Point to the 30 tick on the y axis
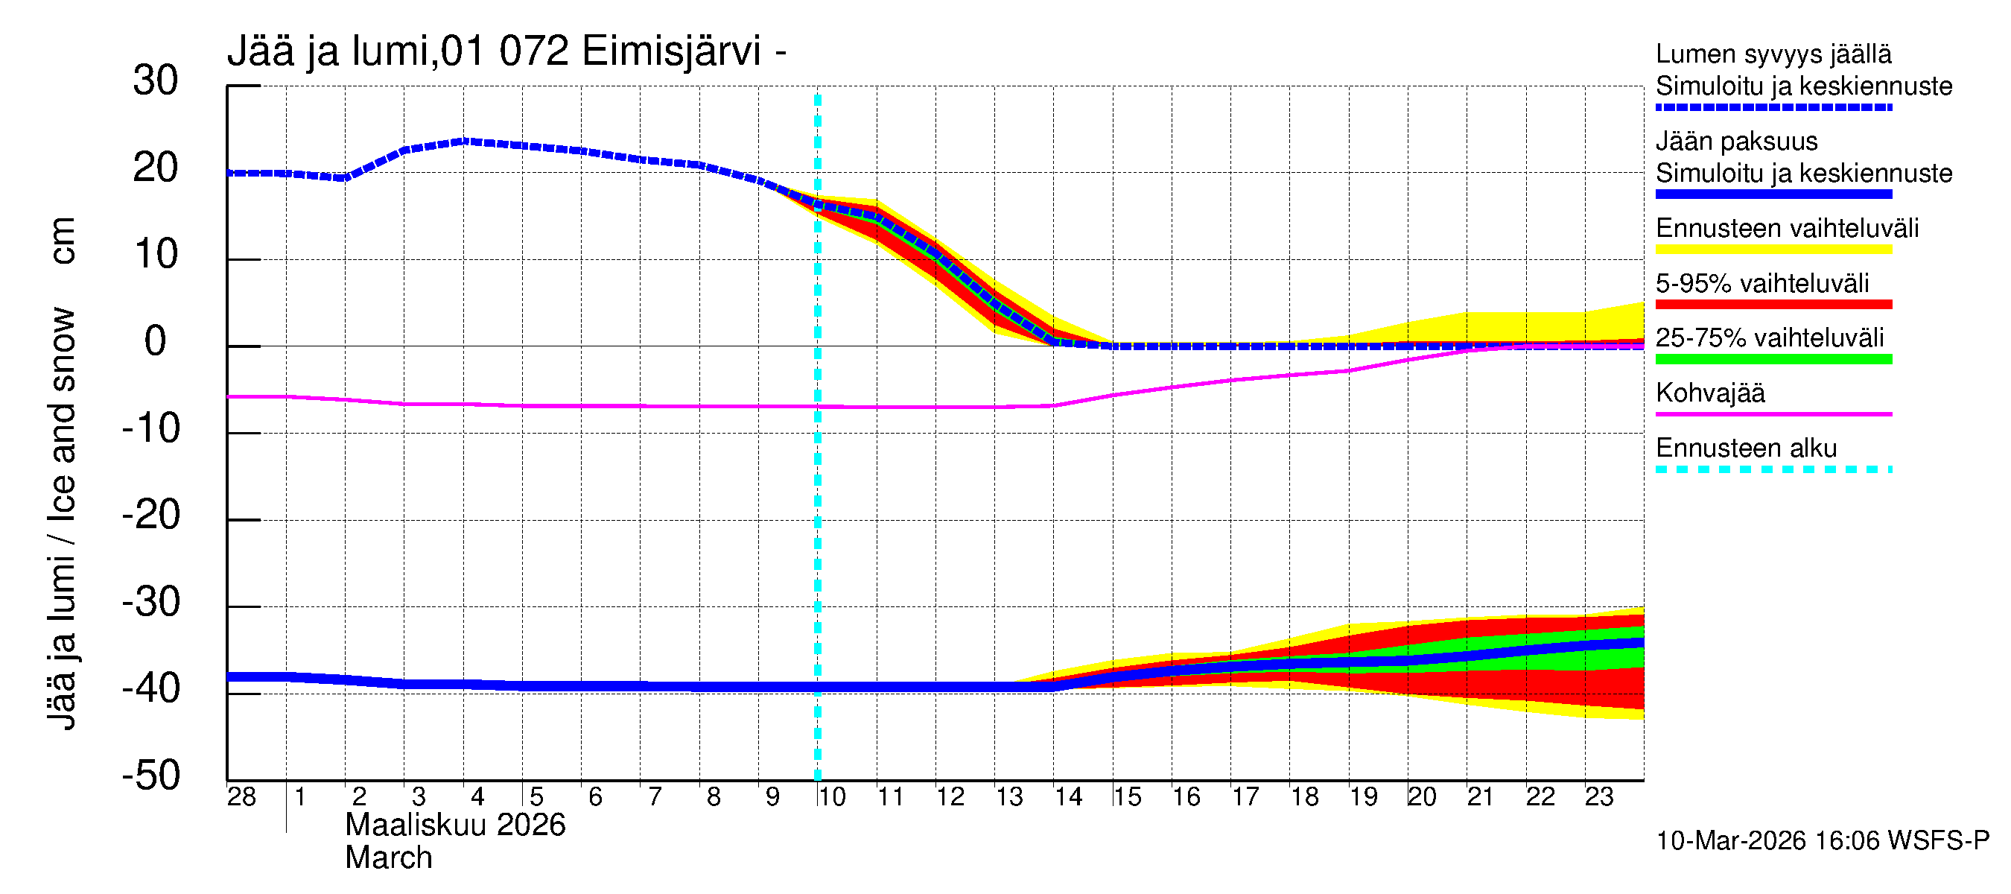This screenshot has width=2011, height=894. tap(156, 80)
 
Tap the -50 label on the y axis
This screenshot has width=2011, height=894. tap(151, 776)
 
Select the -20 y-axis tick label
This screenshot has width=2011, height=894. tap(151, 516)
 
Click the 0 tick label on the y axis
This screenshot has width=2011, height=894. tap(156, 341)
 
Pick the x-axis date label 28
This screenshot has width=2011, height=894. tap(241, 797)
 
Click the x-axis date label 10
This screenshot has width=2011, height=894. tap(831, 797)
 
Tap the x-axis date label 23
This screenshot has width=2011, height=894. tap(1598, 797)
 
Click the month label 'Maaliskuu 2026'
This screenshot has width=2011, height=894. tap(455, 825)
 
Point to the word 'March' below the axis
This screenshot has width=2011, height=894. tap(388, 858)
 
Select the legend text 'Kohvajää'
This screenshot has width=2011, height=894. tap(1709, 393)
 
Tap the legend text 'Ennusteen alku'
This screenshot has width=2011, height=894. tap(1747, 448)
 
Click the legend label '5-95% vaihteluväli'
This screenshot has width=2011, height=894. tap(1762, 283)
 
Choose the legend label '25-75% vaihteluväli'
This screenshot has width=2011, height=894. tap(1769, 338)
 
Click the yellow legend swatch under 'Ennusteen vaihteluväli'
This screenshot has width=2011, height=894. tap(1773, 250)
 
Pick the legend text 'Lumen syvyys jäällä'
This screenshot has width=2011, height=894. tap(1773, 54)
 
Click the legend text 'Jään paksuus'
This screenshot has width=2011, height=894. tap(1736, 142)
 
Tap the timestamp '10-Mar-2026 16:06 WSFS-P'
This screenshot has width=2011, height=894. tap(1822, 841)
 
